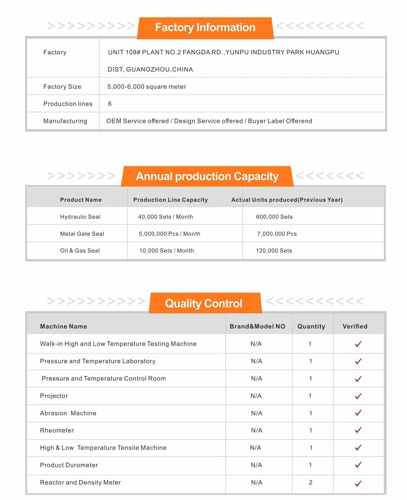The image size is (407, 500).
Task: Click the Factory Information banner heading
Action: tap(205, 28)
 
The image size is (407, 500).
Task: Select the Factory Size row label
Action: tap(62, 87)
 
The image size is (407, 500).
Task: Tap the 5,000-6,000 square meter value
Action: tap(147, 87)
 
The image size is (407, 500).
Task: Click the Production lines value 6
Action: tap(110, 104)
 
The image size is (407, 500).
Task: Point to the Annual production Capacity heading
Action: tap(207, 176)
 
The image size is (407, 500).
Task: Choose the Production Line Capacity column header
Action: tap(171, 200)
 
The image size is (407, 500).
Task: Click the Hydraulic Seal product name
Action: tap(80, 217)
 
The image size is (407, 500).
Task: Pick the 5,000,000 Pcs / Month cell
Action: tap(170, 234)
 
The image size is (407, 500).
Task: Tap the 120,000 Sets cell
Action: tap(274, 251)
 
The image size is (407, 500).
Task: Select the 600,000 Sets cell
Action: tap(274, 217)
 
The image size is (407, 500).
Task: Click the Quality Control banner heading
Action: tap(203, 304)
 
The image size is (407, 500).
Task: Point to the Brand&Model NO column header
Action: tap(258, 327)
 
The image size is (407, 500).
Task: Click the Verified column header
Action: tap(355, 327)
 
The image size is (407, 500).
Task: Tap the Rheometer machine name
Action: tap(57, 430)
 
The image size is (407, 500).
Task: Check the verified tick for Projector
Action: tap(358, 396)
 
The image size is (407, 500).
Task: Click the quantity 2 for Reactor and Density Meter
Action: tap(311, 482)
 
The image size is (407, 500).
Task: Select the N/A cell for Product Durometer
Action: tap(257, 465)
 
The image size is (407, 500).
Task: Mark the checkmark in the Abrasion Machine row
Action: tap(358, 413)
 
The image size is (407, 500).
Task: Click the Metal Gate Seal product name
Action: tap(82, 234)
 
